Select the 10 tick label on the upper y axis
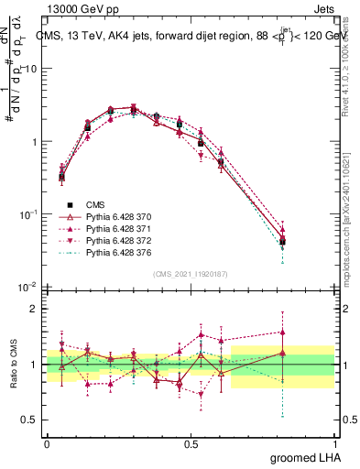pos(31,69)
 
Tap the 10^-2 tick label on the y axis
pos(27,287)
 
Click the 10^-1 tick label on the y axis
pos(27,214)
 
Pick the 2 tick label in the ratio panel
pos(33,309)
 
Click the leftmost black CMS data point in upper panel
pos(61,177)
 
